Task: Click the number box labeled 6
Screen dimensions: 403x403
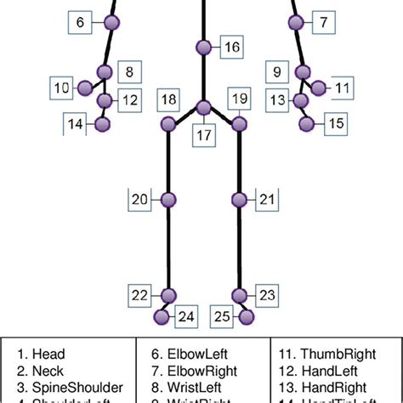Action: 79,23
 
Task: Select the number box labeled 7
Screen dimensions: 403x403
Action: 323,23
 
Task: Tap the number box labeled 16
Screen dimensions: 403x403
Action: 231,48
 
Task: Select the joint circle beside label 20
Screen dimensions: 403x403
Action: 168,200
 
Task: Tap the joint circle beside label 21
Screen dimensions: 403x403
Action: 239,200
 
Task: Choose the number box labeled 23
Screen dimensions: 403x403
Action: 267,295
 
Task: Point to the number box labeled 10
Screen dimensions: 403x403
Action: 62,87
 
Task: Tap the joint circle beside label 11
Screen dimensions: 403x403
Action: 319,87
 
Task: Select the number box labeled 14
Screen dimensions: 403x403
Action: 76,124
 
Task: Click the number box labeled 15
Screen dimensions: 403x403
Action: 336,124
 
